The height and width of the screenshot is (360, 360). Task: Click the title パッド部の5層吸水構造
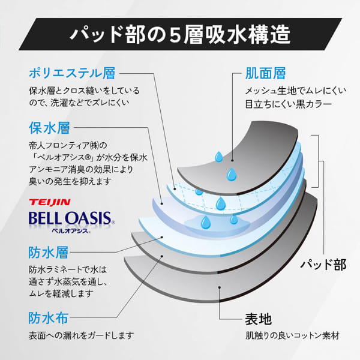click(x=180, y=34)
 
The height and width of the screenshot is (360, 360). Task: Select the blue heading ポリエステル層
click(x=72, y=73)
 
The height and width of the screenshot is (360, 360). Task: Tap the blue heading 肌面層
click(x=265, y=73)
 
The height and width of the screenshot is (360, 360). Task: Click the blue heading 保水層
click(x=49, y=128)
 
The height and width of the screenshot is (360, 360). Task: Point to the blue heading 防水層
click(x=49, y=253)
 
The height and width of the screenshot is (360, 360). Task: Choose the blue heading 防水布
click(x=49, y=318)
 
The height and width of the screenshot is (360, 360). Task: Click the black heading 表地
click(x=258, y=319)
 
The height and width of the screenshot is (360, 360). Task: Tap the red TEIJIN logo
click(x=50, y=202)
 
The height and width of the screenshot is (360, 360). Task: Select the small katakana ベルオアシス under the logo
click(x=71, y=231)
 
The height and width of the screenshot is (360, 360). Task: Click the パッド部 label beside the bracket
click(x=323, y=265)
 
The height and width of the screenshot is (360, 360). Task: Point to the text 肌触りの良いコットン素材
click(x=292, y=336)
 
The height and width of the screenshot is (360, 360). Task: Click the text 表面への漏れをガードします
click(x=81, y=335)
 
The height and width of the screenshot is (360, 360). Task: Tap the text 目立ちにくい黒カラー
click(x=289, y=104)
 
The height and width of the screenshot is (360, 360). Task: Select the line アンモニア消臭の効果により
click(x=81, y=169)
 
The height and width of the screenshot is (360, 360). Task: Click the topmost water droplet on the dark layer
click(x=218, y=157)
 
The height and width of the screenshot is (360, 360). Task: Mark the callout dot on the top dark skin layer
click(x=232, y=160)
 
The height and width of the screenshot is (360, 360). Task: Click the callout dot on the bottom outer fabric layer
click(x=220, y=287)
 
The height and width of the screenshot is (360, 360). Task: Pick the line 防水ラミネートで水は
click(x=68, y=269)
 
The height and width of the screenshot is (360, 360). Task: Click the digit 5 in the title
click(x=175, y=35)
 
